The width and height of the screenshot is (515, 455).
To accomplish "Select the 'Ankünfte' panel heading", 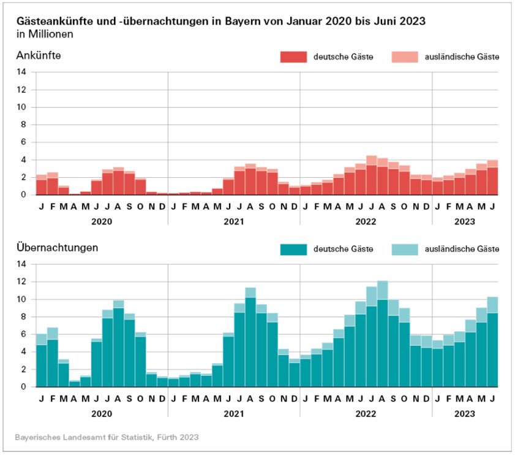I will [x=39, y=56].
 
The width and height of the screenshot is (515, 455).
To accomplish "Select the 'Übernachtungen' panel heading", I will [x=58, y=248].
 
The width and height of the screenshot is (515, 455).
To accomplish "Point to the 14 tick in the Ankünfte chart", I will [x=21, y=72].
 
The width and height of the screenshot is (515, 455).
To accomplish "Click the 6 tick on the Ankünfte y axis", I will [x=23, y=142].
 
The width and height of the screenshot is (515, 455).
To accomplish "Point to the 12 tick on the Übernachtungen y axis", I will [x=21, y=281].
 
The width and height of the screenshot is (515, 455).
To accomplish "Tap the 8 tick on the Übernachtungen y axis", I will [x=23, y=316].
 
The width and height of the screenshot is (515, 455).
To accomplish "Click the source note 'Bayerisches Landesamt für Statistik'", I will [x=107, y=437].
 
